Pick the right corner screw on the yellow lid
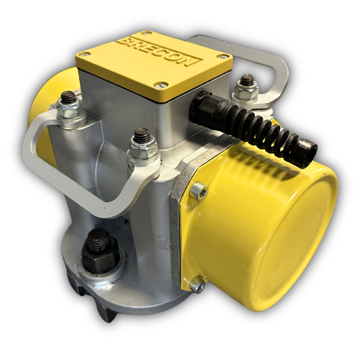[x=221, y=56]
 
